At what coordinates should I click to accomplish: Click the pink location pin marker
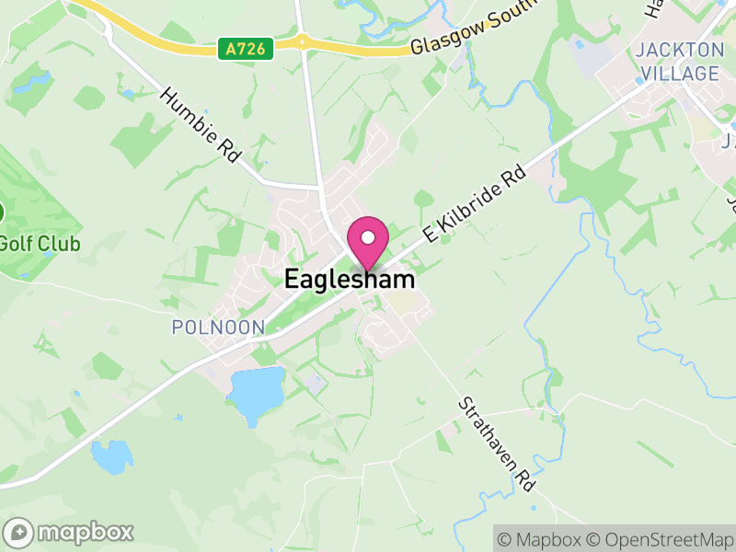pyautogui.click(x=368, y=241)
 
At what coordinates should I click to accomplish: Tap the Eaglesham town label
pyautogui.click(x=349, y=279)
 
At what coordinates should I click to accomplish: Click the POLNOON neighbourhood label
pyautogui.click(x=218, y=327)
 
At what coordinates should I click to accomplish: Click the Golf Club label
pyautogui.click(x=40, y=244)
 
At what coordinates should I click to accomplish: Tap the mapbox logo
pyautogui.click(x=69, y=532)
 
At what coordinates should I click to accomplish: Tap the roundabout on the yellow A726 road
pyautogui.click(x=301, y=41)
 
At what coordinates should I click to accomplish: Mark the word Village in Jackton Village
pyautogui.click(x=680, y=73)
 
